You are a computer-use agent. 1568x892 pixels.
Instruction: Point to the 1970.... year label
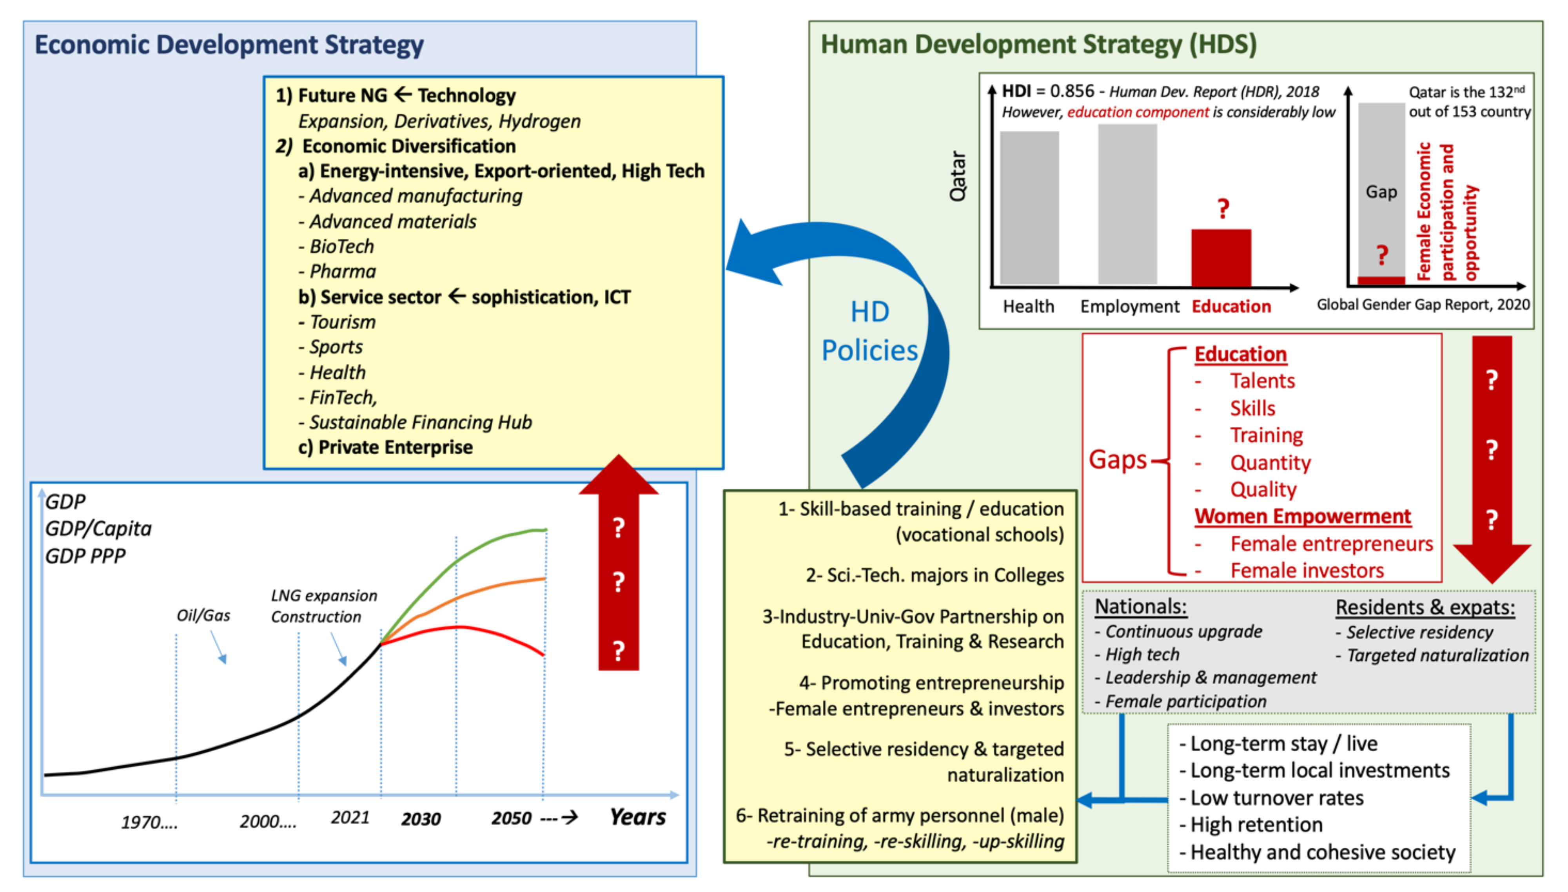click(149, 821)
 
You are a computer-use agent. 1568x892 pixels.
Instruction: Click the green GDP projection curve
click(490, 542)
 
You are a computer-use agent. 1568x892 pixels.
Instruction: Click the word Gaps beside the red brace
click(1117, 459)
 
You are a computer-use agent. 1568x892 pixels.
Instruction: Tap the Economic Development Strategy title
click(229, 45)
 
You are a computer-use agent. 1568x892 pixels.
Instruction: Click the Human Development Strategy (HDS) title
click(1038, 45)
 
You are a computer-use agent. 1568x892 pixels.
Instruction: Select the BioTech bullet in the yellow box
click(341, 246)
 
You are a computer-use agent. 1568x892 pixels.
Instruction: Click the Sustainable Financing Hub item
click(420, 422)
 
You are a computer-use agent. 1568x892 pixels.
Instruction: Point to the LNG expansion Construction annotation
click(323, 606)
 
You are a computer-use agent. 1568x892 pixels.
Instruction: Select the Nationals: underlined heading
click(1140, 607)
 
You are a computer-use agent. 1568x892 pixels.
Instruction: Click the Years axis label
click(637, 817)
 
